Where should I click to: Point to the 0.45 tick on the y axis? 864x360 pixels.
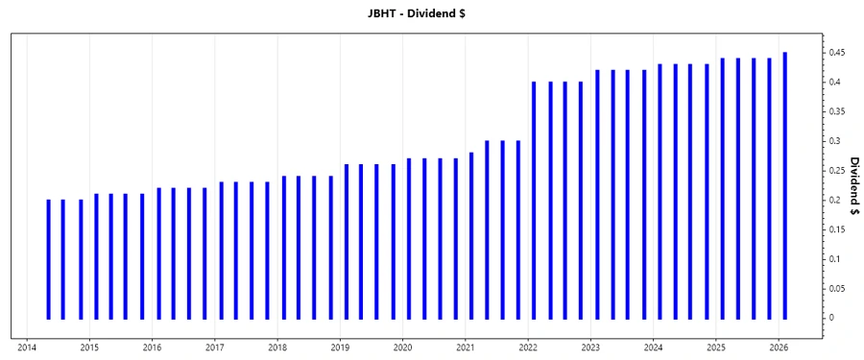[x=837, y=52]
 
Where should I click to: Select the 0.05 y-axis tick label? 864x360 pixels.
[x=837, y=289]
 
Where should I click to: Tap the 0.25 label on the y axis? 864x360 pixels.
[x=837, y=171]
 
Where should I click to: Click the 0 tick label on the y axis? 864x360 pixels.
[x=831, y=318]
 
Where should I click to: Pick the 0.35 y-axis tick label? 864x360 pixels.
[x=837, y=111]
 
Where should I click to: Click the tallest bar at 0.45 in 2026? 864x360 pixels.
[x=785, y=185]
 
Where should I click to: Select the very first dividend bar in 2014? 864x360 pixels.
[x=48, y=259]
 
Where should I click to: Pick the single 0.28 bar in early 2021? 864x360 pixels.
[x=471, y=235]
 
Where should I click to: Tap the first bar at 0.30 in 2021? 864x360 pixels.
[x=487, y=229]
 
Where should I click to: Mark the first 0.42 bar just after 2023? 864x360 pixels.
[x=597, y=194]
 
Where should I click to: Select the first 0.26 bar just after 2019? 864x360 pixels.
[x=346, y=241]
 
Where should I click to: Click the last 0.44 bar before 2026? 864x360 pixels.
[x=769, y=188]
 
